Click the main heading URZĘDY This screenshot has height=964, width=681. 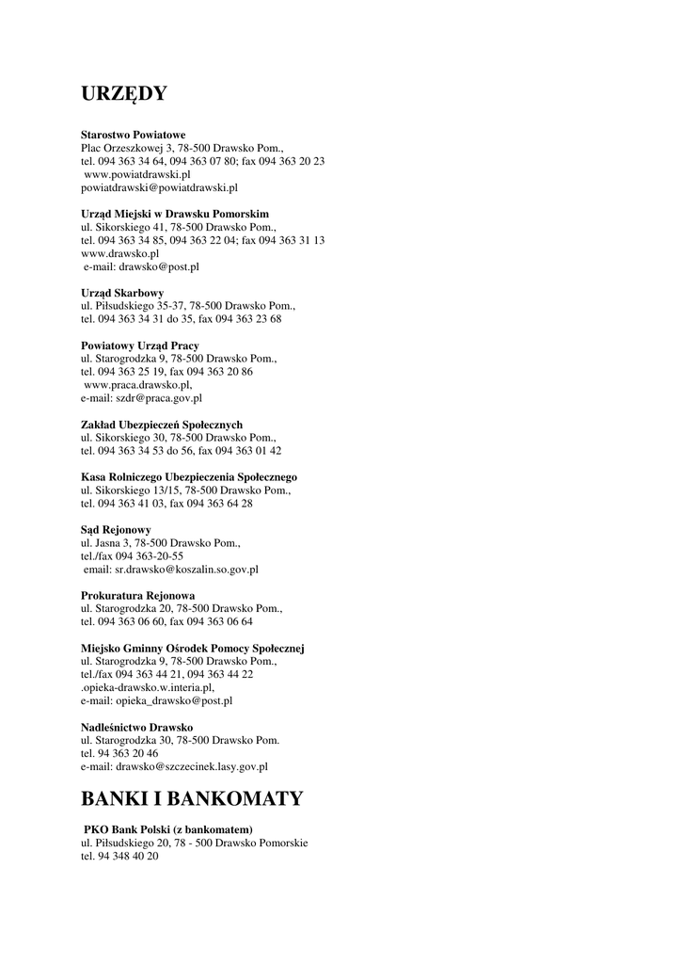pyautogui.click(x=124, y=94)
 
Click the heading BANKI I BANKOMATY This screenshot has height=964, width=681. pyautogui.click(x=192, y=799)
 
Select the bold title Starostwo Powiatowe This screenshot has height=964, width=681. pyautogui.click(x=133, y=136)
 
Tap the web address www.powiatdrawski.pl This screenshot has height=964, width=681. pyautogui.click(x=137, y=174)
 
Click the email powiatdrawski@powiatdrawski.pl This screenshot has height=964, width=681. pyautogui.click(x=159, y=187)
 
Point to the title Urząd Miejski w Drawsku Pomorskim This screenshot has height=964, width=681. pyautogui.click(x=175, y=214)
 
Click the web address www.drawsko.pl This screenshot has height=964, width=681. pyautogui.click(x=119, y=253)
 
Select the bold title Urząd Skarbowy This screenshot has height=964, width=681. pyautogui.click(x=122, y=293)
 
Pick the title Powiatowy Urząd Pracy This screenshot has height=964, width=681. pyautogui.click(x=139, y=345)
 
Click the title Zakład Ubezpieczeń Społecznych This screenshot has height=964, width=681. pyautogui.click(x=162, y=425)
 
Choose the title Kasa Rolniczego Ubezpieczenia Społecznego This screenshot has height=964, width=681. pyautogui.click(x=189, y=477)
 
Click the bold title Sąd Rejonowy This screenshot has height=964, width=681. pyautogui.click(x=116, y=530)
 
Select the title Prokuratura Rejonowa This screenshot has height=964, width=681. pyautogui.click(x=138, y=596)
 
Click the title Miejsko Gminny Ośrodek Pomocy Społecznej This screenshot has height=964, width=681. pyautogui.click(x=193, y=649)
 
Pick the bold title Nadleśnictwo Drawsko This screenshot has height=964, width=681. pyautogui.click(x=137, y=728)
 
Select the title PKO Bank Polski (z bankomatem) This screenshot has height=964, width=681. pyautogui.click(x=168, y=829)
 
